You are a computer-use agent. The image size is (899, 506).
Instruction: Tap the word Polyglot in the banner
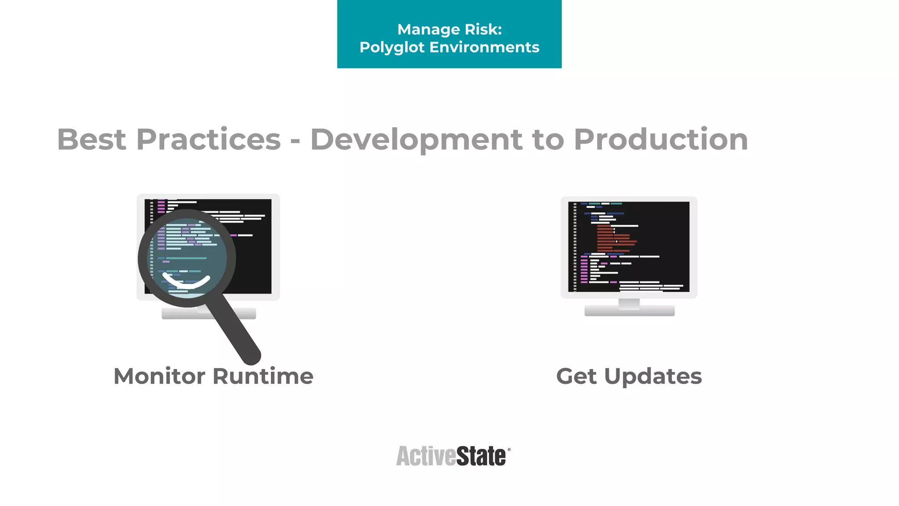(x=392, y=47)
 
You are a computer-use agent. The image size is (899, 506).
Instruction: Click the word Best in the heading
(x=91, y=140)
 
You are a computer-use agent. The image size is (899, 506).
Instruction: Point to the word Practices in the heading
(x=209, y=140)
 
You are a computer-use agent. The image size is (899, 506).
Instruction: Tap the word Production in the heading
(x=661, y=140)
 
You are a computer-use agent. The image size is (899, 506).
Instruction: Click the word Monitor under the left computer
(x=159, y=376)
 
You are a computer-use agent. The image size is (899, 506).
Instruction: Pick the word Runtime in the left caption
(x=263, y=376)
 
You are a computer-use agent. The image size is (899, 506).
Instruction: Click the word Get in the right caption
(x=576, y=376)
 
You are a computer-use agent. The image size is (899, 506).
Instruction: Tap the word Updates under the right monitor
(x=653, y=376)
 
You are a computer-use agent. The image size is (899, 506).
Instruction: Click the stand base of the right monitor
(x=629, y=311)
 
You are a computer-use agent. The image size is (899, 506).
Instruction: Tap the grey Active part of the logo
(x=426, y=456)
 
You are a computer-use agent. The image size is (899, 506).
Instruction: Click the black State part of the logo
(x=481, y=456)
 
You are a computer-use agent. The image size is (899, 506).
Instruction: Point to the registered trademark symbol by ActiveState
(x=509, y=450)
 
